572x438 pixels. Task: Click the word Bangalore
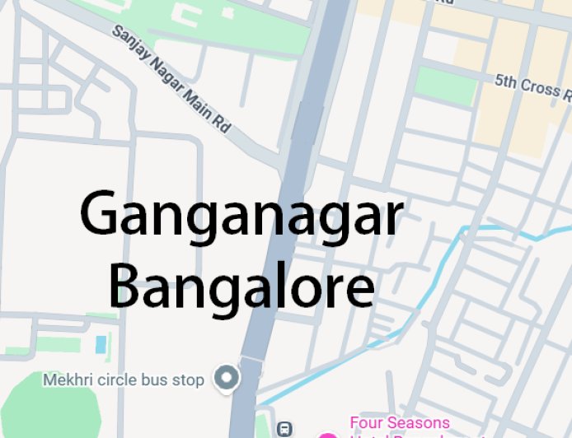coord(241,286)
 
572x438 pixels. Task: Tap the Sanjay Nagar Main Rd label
coord(172,79)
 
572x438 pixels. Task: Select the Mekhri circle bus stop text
coord(123,380)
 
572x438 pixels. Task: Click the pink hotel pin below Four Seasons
coord(328,435)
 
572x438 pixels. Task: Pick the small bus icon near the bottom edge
coord(284,428)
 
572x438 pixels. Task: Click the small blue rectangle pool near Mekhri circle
coord(101,344)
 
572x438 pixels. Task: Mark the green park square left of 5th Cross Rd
coord(444,85)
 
